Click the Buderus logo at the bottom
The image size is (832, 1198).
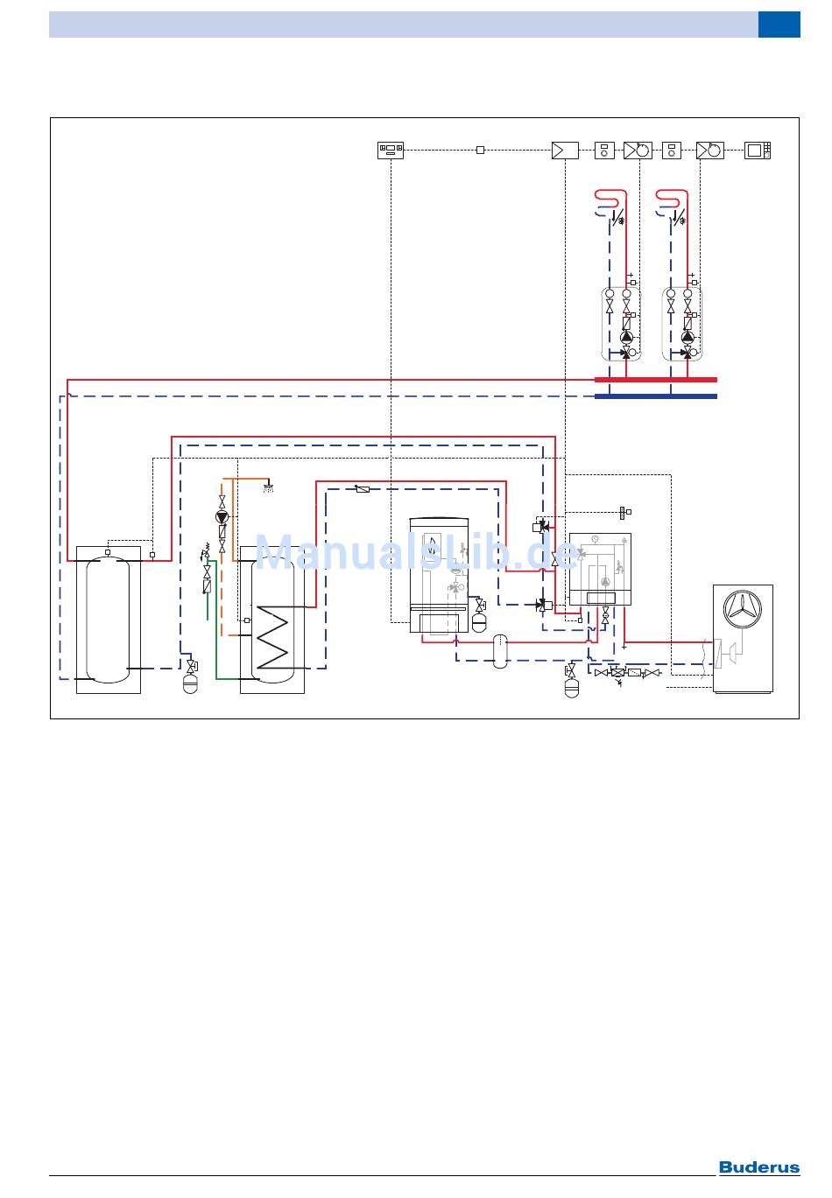[759, 1167]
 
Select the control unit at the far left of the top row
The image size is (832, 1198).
[390, 151]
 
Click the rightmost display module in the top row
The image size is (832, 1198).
[758, 151]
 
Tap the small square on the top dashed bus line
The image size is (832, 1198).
[480, 151]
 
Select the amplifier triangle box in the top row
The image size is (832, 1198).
[564, 151]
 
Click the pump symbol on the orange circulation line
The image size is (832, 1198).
[222, 517]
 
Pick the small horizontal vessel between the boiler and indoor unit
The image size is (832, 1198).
[500, 651]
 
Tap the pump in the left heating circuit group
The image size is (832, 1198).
[626, 337]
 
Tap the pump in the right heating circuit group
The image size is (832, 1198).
[687, 337]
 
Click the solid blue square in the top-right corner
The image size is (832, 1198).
[779, 25]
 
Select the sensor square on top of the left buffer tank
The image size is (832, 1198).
[108, 552]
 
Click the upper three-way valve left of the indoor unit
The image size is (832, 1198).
[541, 527]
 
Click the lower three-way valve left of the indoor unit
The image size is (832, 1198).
[542, 604]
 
